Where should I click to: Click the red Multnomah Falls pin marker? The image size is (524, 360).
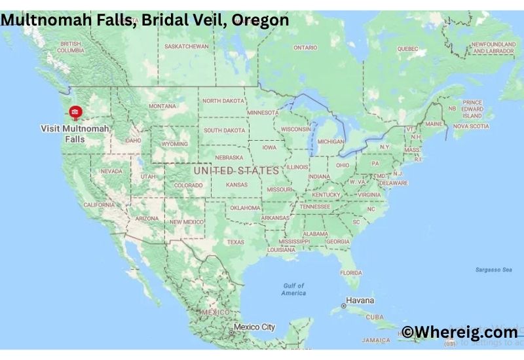[x=75, y=113]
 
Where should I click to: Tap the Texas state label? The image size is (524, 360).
[x=234, y=242]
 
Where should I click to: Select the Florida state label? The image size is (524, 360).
[x=351, y=272]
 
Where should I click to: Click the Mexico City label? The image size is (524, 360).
[x=254, y=327]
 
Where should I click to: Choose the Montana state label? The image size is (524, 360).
[x=162, y=106]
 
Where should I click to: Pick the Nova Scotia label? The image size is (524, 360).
[x=471, y=126]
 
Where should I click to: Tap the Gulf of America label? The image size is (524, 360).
[x=294, y=289]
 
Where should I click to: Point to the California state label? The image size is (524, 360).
[x=99, y=205]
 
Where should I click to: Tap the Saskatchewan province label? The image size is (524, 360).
[x=186, y=46]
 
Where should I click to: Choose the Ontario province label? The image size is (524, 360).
[x=305, y=48]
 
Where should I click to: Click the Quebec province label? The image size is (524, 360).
[x=407, y=48]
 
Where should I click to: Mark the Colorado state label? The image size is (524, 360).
[x=188, y=185]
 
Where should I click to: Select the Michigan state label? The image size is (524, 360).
[x=330, y=141]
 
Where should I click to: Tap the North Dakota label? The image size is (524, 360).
[x=223, y=101]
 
